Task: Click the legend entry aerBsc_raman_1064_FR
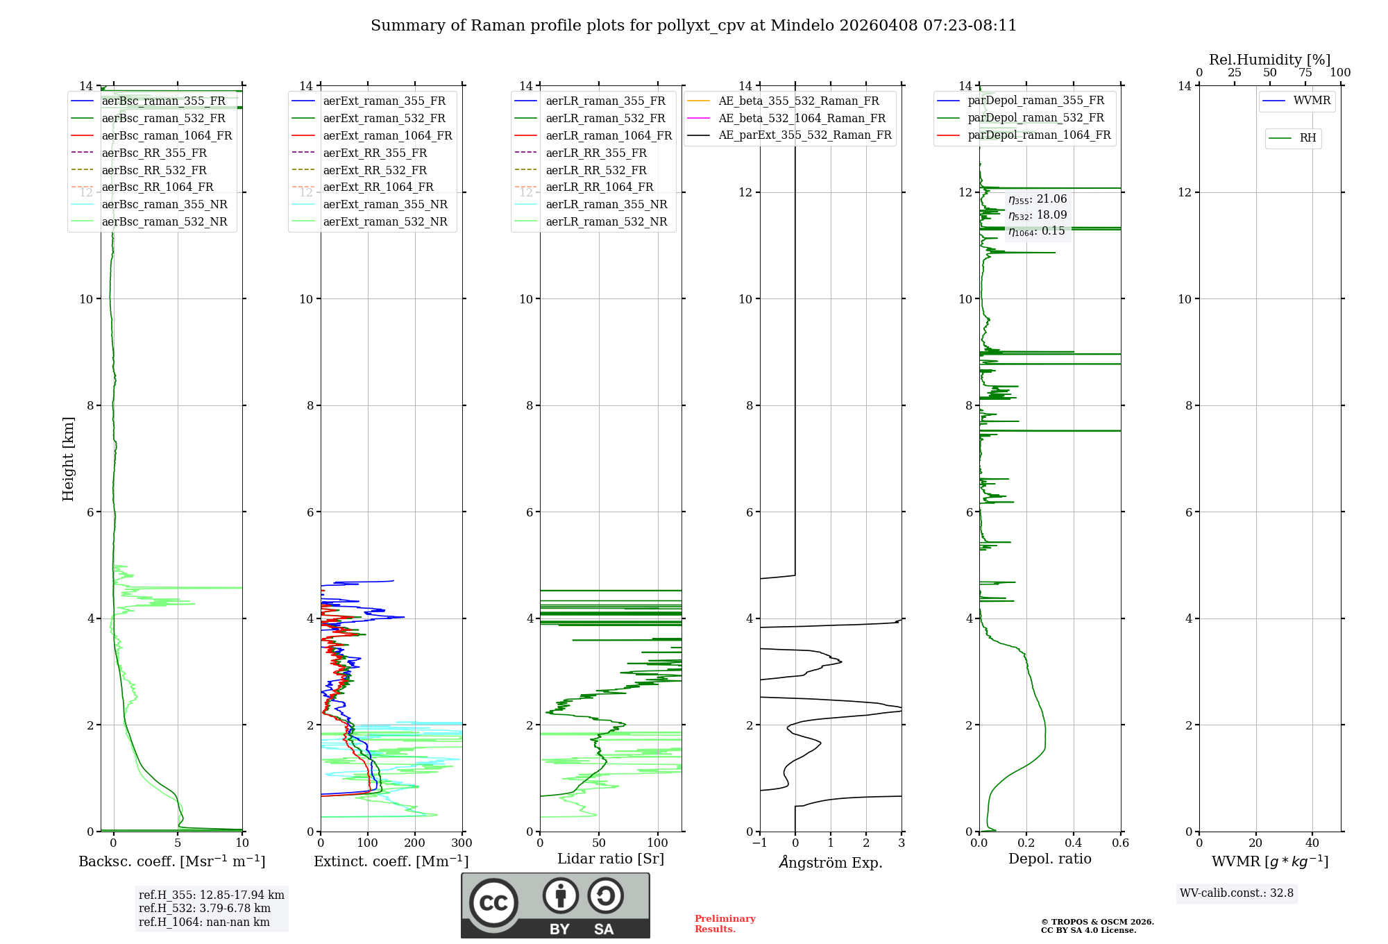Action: (x=167, y=136)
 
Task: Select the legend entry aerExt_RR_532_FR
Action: (x=375, y=170)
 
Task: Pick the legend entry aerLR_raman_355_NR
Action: (x=606, y=205)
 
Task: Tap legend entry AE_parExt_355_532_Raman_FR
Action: (x=804, y=135)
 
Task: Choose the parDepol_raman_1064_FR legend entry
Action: (x=1039, y=135)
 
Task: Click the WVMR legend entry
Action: (x=1312, y=101)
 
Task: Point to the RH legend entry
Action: (x=1307, y=138)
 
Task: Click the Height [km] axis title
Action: (x=68, y=459)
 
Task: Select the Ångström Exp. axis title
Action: (x=831, y=863)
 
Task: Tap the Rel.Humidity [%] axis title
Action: (x=1269, y=60)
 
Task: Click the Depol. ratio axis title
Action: (x=1049, y=859)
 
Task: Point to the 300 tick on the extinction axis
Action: (x=462, y=843)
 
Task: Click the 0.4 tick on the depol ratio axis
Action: (x=1074, y=843)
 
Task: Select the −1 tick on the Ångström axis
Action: (x=760, y=843)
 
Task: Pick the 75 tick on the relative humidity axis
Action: (x=1305, y=73)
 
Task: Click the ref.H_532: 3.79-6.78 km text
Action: (x=204, y=909)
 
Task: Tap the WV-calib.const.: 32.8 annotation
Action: (x=1236, y=893)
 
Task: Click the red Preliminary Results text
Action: (x=725, y=924)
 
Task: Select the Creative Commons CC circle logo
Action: (x=493, y=903)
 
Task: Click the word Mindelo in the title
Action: (x=802, y=26)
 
